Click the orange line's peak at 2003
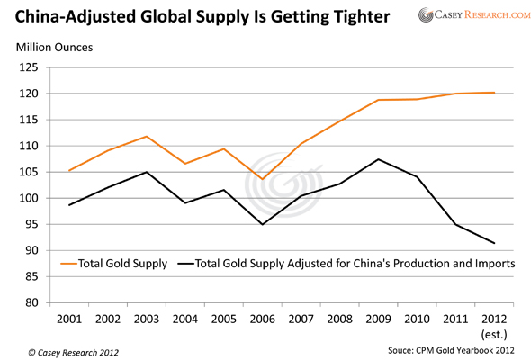pyautogui.click(x=146, y=137)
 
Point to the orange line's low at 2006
pyautogui.click(x=262, y=179)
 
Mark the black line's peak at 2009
pyautogui.click(x=378, y=159)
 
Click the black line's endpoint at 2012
pyautogui.click(x=494, y=243)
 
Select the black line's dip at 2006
pyautogui.click(x=262, y=224)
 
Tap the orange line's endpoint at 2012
pyautogui.click(x=494, y=93)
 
